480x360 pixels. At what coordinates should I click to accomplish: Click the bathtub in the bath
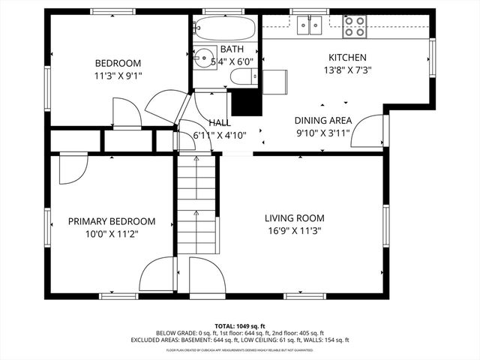pos(223,30)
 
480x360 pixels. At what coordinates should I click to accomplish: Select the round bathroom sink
pos(202,58)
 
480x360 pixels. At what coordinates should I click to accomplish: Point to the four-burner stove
pos(355,28)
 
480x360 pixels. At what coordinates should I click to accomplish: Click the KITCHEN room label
pos(348,58)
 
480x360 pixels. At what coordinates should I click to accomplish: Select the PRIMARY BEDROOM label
pos(112,221)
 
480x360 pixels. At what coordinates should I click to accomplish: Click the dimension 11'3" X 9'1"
pos(117,75)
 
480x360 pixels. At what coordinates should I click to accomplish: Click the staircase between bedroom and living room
pos(196,217)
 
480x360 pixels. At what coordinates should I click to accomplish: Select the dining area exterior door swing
pos(367,133)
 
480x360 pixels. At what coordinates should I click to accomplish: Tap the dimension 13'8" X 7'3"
pos(348,70)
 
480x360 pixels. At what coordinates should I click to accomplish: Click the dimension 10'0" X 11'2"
pos(112,234)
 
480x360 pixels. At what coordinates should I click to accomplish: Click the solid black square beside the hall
pos(244,103)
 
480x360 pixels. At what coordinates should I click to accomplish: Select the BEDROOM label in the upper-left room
pos(117,62)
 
